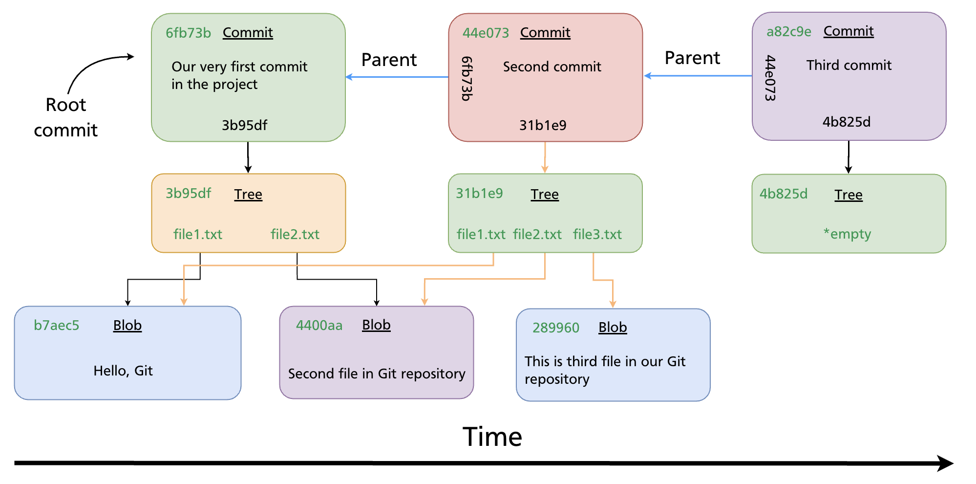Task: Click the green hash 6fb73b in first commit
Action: pos(188,33)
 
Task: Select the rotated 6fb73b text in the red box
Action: pos(467,78)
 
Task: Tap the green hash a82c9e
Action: pos(788,32)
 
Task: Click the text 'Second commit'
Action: pos(552,66)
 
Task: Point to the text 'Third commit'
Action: pos(849,65)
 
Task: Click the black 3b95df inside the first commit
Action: pos(244,125)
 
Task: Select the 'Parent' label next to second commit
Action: pos(389,60)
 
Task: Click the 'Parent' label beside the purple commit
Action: pos(692,58)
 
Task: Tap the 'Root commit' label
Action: pos(65,117)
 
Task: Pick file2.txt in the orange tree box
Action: pos(295,234)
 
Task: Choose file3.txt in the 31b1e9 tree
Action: pos(597,234)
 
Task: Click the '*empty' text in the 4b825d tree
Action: pos(847,234)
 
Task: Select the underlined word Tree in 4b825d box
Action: pos(848,195)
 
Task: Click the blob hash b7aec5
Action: pos(56,325)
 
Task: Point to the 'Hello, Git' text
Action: pos(123,371)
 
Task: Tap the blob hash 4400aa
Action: pos(319,325)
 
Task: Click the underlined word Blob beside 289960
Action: pos(613,327)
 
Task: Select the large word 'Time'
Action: pos(492,437)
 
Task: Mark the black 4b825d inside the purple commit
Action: pos(846,122)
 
